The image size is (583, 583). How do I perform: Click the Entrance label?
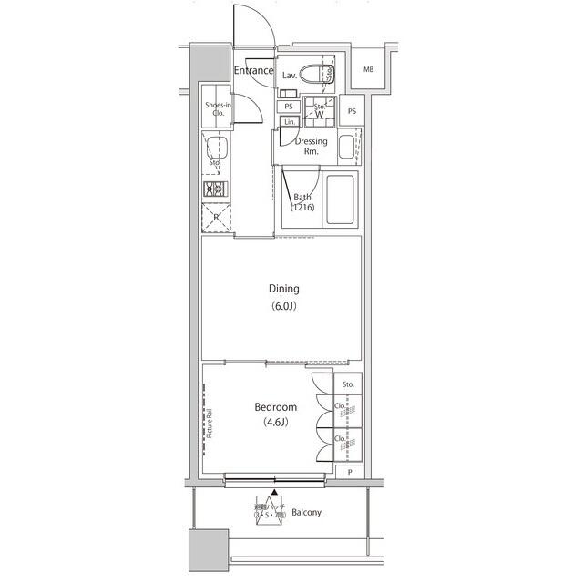coord(253,71)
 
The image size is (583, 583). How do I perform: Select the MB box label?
coord(368,70)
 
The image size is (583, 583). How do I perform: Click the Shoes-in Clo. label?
coord(218,108)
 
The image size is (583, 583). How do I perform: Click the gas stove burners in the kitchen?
coord(216,189)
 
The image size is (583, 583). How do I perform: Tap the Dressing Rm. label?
coord(310,147)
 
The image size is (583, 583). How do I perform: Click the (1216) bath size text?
coord(303,209)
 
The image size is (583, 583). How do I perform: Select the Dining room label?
coord(282,289)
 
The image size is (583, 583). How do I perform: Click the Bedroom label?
coord(275,407)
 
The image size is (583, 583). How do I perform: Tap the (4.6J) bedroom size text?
coord(275,423)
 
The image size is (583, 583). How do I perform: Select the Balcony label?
coord(307,513)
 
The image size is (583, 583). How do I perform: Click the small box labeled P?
coord(349,471)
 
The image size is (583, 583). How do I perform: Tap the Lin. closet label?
coord(289,121)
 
